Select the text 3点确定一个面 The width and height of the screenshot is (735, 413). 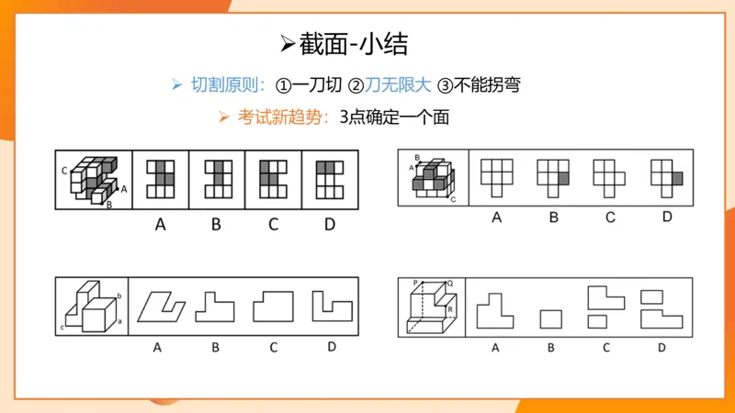click(394, 117)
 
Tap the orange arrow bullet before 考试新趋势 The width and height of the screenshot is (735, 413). click(222, 117)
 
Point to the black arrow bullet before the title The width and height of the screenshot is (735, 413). click(286, 44)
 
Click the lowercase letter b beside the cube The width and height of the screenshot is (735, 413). click(120, 296)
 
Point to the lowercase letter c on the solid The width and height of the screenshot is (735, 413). click(63, 327)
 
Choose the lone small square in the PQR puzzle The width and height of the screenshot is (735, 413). click(550, 319)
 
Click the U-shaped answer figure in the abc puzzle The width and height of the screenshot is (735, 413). click(332, 306)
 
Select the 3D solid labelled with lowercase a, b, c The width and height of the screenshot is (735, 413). click(91, 307)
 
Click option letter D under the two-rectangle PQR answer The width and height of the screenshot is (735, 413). click(661, 347)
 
